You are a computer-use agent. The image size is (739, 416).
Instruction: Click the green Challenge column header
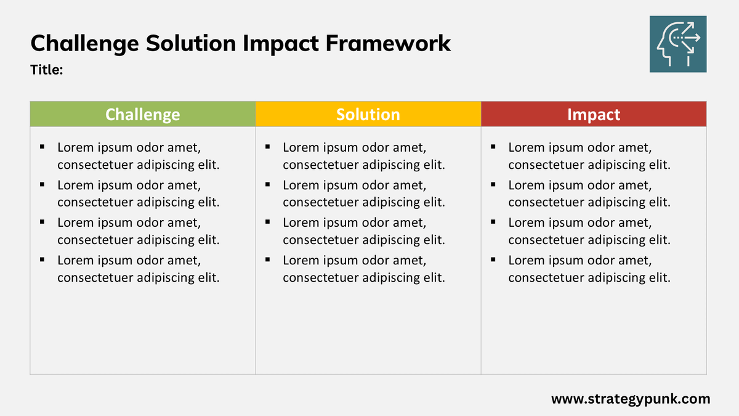coord(142,114)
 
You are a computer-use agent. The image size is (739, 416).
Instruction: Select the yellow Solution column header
coord(368,114)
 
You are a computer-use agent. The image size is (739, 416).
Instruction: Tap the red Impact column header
coord(593,114)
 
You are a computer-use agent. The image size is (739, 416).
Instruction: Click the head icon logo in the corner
coord(678,44)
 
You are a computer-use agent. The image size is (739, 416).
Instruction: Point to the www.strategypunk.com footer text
coord(630,399)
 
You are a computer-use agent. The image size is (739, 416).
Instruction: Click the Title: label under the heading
coord(47,70)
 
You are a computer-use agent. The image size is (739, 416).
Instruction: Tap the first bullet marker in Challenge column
coord(42,147)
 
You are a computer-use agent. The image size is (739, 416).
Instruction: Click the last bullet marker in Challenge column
coord(42,259)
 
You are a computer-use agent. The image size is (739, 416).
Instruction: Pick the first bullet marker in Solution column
coord(268,147)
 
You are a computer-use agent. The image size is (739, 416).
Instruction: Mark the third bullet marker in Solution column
coord(268,222)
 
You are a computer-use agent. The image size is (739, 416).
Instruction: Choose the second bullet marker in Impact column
coord(493,184)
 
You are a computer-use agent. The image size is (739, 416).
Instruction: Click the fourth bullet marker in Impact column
coord(493,259)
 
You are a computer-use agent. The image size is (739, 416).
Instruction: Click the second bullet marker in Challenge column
coord(42,184)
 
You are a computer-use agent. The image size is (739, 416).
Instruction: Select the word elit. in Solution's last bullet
coord(432,278)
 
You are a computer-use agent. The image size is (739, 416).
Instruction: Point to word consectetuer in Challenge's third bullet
coord(95,240)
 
